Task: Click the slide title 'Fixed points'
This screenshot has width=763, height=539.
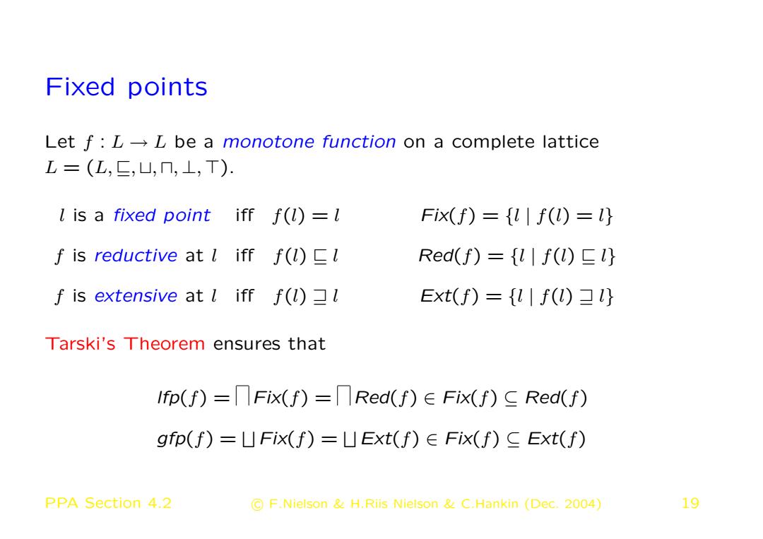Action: (126, 88)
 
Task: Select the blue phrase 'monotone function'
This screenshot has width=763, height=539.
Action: (309, 141)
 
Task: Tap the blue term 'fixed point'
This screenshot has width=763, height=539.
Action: (162, 215)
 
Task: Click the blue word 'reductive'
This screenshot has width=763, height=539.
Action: (136, 256)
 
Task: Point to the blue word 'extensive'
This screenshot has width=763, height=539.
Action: (136, 296)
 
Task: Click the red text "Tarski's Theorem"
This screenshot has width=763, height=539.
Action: (125, 344)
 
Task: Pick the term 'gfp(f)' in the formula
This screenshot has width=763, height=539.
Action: (185, 439)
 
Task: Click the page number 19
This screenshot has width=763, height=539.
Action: (690, 503)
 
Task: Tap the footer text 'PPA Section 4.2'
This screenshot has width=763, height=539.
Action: (108, 503)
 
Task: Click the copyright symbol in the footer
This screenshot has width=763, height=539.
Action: (257, 504)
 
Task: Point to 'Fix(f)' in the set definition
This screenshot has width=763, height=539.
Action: (448, 215)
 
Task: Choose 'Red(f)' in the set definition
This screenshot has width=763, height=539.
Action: (449, 256)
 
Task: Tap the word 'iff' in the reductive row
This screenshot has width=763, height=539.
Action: (244, 255)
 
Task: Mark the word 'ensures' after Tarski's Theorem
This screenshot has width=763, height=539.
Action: (247, 345)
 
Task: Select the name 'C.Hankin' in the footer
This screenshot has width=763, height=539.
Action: (490, 504)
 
